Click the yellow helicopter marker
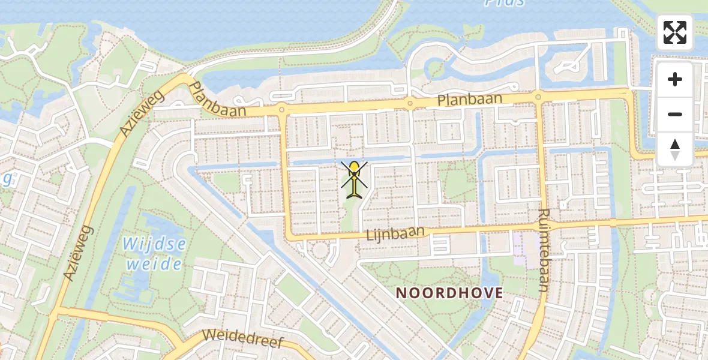pos(355,179)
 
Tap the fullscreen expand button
pos(675,32)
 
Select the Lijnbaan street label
pos(395,233)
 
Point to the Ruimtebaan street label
pos(544,250)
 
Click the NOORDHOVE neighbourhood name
pos(449,293)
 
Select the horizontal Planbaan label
pos(469,100)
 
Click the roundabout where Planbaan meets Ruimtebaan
pos(538,97)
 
